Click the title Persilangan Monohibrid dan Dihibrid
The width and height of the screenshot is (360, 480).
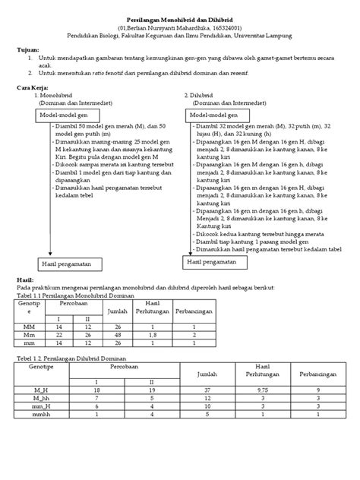coord(179,24)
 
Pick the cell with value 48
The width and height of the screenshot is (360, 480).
coord(118,334)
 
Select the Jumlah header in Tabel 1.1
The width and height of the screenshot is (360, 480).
coord(118,311)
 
